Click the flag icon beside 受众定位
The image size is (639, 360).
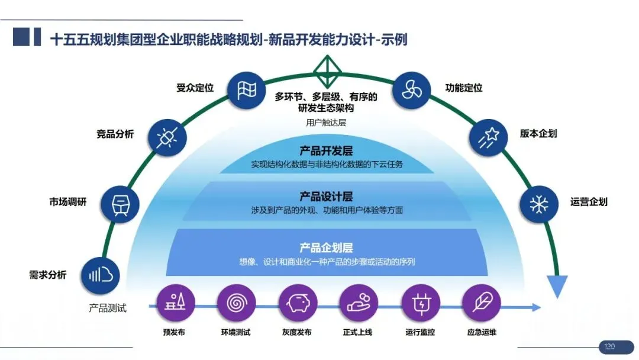tap(246, 90)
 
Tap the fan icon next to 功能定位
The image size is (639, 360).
tap(411, 90)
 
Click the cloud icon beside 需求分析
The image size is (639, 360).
tap(101, 275)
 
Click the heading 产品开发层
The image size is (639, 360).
tap(326, 151)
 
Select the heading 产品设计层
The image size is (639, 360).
tap(326, 197)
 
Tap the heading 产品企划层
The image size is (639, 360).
tap(326, 247)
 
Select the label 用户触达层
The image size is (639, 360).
tap(326, 123)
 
